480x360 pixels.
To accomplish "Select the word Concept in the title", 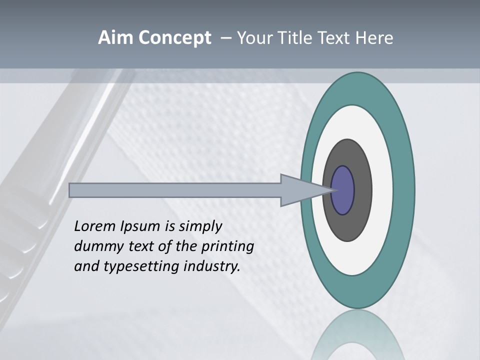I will tap(174, 38).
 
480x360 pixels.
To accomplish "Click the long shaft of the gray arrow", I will tap(175, 190).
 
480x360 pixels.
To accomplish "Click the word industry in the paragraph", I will tap(211, 267).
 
